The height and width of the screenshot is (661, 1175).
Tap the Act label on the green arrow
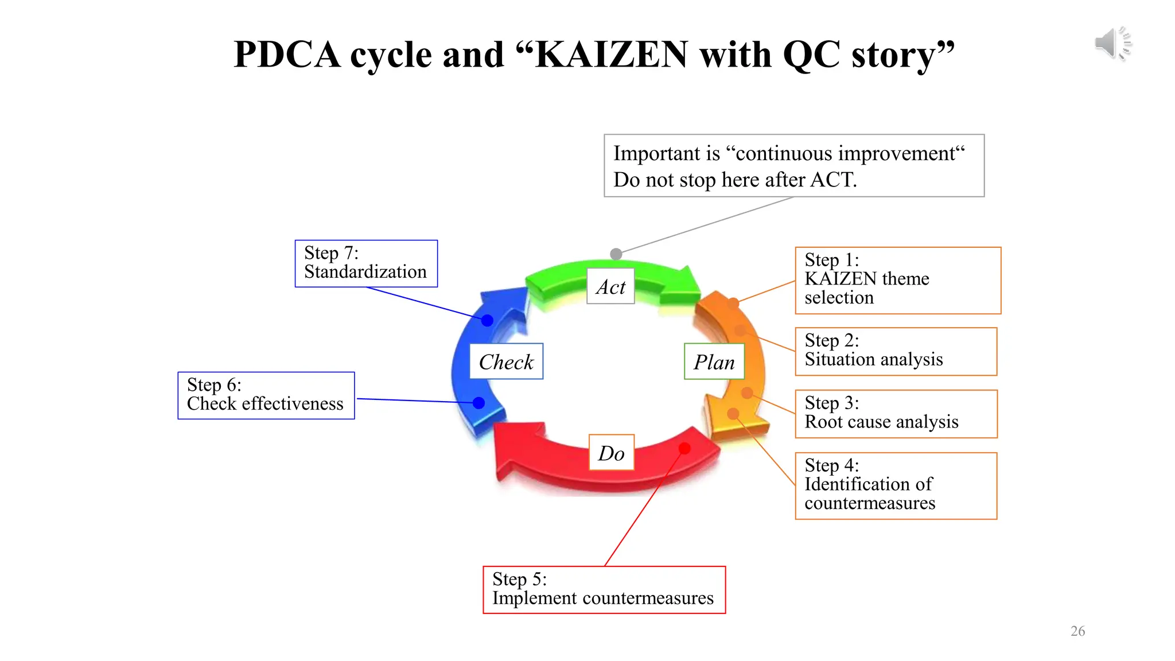[x=610, y=286]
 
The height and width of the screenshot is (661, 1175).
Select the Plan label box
[x=714, y=361]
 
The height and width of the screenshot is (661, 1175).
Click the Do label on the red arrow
[x=611, y=453]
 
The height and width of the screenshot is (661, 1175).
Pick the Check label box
[x=506, y=361]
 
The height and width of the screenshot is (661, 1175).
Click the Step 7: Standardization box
[x=366, y=263]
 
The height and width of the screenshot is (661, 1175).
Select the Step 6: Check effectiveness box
[x=266, y=395]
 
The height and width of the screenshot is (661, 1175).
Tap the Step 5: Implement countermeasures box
[x=604, y=589]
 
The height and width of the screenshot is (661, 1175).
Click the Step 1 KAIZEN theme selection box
[x=897, y=280]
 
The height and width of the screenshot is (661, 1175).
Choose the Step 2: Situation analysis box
[x=896, y=351]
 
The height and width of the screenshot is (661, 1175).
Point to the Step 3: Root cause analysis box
[x=896, y=414]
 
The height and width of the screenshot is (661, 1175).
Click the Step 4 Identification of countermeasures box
[x=896, y=485]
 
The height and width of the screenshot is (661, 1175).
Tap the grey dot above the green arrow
[x=616, y=254]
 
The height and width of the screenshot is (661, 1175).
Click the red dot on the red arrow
[x=684, y=448]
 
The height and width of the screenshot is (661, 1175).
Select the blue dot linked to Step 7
[x=487, y=320]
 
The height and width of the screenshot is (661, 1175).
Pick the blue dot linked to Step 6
[x=479, y=403]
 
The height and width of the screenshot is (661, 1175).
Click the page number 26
[x=1077, y=631]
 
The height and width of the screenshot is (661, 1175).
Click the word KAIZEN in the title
[x=610, y=55]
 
